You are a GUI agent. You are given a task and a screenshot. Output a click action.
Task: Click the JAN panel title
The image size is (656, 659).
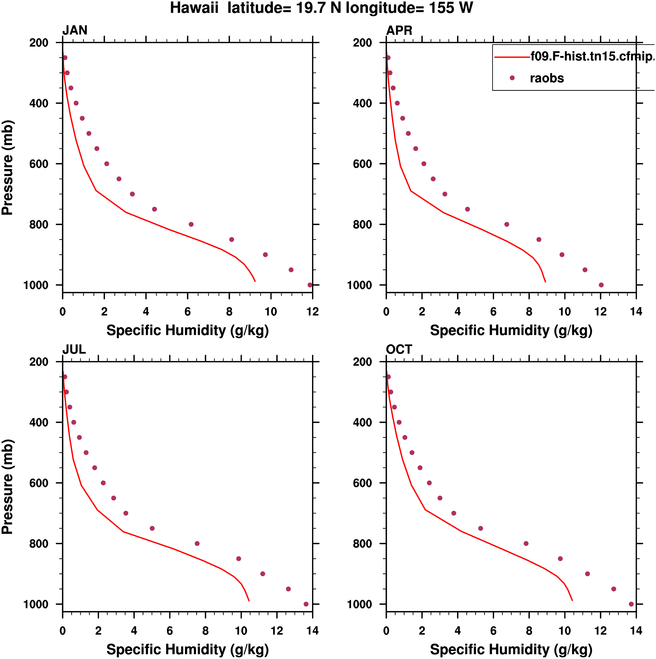tap(75, 30)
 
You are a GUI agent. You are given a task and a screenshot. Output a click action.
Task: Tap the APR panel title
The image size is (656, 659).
tap(399, 30)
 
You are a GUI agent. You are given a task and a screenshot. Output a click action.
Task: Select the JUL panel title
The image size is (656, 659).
tap(74, 349)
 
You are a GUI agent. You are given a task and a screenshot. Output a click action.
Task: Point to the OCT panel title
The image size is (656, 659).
tap(399, 349)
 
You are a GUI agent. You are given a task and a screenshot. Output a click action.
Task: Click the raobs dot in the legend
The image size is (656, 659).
tap(512, 78)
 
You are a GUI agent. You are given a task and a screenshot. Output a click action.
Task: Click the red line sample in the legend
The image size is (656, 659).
tap(512, 57)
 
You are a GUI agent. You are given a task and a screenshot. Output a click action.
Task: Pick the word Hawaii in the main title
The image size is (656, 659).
tap(194, 8)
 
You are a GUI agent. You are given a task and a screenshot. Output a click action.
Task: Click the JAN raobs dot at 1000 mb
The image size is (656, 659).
tap(310, 285)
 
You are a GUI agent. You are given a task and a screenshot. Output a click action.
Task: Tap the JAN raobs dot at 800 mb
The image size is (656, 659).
tap(191, 224)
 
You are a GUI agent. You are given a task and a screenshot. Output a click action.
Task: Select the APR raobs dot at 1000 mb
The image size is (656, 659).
tap(601, 285)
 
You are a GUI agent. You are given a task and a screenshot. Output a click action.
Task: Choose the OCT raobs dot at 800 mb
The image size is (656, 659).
tap(526, 543)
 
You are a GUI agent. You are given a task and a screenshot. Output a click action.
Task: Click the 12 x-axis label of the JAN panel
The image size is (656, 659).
tap(312, 312)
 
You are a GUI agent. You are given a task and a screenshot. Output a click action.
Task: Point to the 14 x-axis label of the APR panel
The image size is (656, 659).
tap(636, 312)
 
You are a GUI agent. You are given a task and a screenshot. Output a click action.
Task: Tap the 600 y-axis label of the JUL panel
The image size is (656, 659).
tap(39, 483)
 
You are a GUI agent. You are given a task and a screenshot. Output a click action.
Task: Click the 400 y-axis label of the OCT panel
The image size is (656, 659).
tap(363, 422)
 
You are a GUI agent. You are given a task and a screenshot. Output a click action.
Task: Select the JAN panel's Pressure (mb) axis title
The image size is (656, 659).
tap(7, 168)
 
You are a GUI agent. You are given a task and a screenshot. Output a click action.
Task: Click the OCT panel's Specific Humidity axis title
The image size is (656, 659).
tap(511, 650)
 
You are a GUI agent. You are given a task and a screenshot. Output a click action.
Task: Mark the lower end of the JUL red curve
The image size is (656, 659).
tap(249, 601)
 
